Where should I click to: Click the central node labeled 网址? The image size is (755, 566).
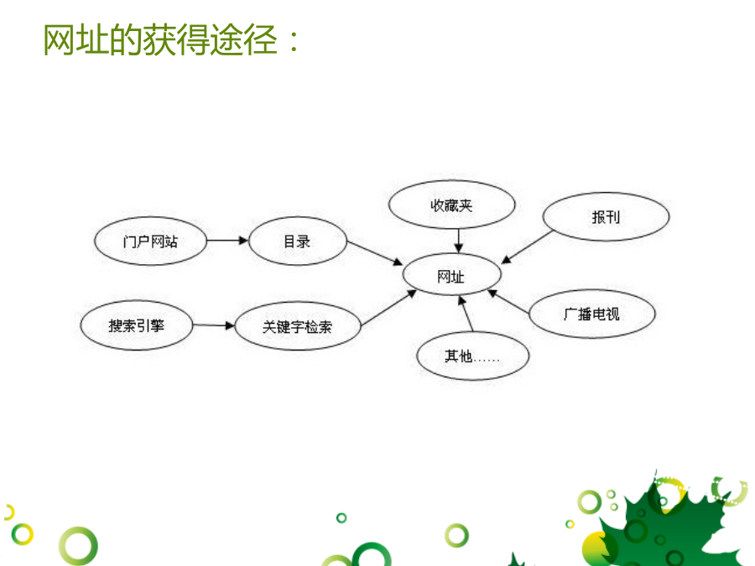451,274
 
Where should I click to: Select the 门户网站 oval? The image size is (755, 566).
150,241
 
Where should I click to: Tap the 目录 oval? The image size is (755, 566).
298,241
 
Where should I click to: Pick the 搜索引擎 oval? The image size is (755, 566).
136,325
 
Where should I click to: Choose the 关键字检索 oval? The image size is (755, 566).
298,326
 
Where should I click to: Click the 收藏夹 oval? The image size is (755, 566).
451,205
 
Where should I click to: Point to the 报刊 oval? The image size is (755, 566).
606,216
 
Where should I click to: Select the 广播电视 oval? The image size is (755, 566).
591,314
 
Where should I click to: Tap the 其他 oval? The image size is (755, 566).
473,356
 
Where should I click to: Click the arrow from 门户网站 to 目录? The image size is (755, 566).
227,240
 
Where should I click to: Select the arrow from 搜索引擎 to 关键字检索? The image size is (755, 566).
213,325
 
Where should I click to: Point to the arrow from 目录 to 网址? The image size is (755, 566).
375,253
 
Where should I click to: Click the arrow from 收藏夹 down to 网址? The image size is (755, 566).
458,241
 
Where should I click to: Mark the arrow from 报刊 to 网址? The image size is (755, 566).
528,247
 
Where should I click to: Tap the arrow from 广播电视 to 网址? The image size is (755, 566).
508,302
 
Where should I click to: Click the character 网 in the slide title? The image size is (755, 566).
60,39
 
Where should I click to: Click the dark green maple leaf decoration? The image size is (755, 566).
669,522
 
